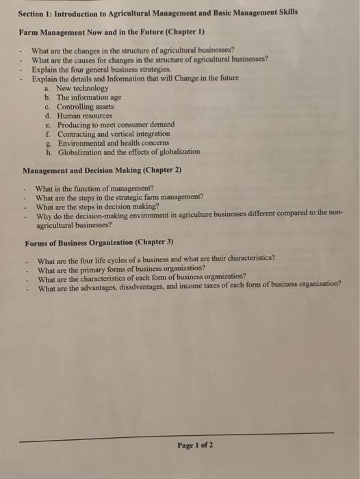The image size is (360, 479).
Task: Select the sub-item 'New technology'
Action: [x=82, y=89]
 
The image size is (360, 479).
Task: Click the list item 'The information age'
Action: [x=90, y=98]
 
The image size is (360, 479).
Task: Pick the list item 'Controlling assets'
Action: [x=86, y=107]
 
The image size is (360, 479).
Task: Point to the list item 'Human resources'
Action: [x=85, y=116]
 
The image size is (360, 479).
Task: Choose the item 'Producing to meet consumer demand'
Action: [x=116, y=125]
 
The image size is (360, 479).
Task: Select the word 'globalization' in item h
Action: [x=179, y=151]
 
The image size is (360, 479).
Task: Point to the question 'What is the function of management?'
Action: [x=94, y=188]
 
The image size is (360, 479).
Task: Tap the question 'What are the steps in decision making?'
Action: [x=97, y=206]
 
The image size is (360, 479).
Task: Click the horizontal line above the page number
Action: [x=178, y=433]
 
